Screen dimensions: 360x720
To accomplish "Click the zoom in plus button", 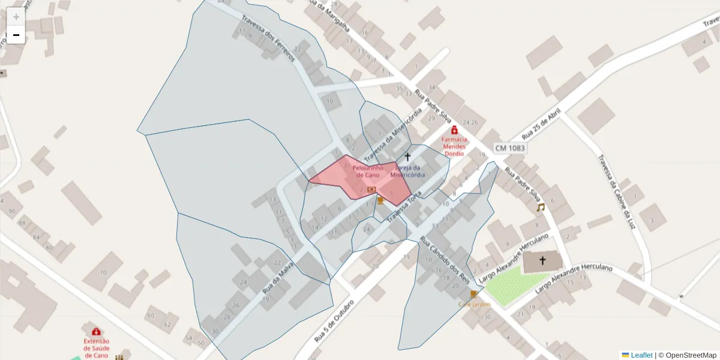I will tap(16, 17).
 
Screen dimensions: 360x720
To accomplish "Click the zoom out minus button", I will tap(16, 35).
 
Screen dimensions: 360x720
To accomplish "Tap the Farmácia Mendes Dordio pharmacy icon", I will tap(454, 130).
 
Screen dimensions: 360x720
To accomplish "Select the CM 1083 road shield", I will tap(510, 148).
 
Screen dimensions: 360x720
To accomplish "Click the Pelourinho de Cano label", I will tap(368, 171).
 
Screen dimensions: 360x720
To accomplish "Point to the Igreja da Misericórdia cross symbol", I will tap(407, 156).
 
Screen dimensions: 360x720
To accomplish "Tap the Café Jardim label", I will tap(474, 304).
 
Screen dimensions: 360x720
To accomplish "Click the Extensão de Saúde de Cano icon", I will tap(96, 331).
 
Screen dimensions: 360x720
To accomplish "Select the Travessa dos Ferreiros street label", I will tap(268, 38).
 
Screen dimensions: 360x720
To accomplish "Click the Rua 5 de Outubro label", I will tap(335, 319).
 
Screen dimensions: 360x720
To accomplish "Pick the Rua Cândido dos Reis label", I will tap(445, 260).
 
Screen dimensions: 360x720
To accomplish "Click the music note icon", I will tap(540, 208).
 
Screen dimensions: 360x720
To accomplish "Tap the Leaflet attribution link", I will tap(641, 355).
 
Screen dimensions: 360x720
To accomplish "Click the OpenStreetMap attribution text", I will tap(691, 355).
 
